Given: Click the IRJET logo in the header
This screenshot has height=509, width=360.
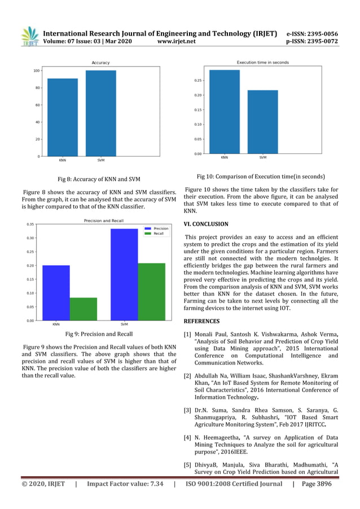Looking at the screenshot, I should pos(29,36).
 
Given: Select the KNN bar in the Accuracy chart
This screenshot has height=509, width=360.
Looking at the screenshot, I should pos(62,117).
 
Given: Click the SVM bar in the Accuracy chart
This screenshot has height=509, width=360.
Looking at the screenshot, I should pos(100,113).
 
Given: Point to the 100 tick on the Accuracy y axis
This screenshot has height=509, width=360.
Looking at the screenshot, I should pos(37,71).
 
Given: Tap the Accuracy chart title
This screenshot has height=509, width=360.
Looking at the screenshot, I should pos(100,62).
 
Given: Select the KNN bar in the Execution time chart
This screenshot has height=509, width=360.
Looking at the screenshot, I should pos(225,112).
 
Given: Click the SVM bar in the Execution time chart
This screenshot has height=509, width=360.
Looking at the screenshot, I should pos(262,122).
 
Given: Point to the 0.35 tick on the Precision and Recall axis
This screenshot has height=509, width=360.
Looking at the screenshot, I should pos(29,224).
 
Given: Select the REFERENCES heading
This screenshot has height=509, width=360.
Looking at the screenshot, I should pos(201,321).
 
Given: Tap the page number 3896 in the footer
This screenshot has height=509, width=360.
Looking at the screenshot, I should pos(320,484).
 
